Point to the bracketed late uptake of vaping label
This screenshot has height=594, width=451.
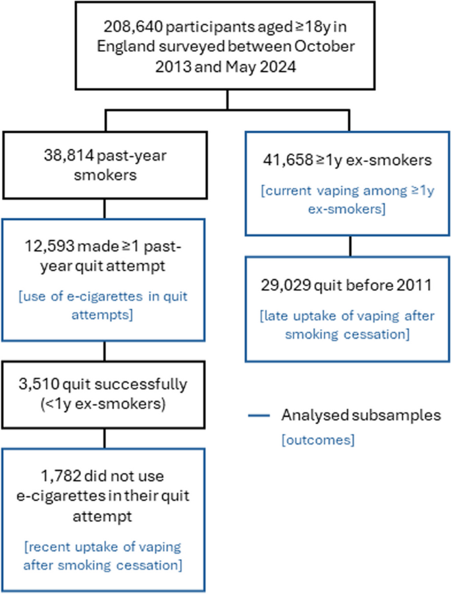tap(348, 325)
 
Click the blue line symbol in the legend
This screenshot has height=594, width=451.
tap(259, 416)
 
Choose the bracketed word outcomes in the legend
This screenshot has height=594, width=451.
tap(318, 439)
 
